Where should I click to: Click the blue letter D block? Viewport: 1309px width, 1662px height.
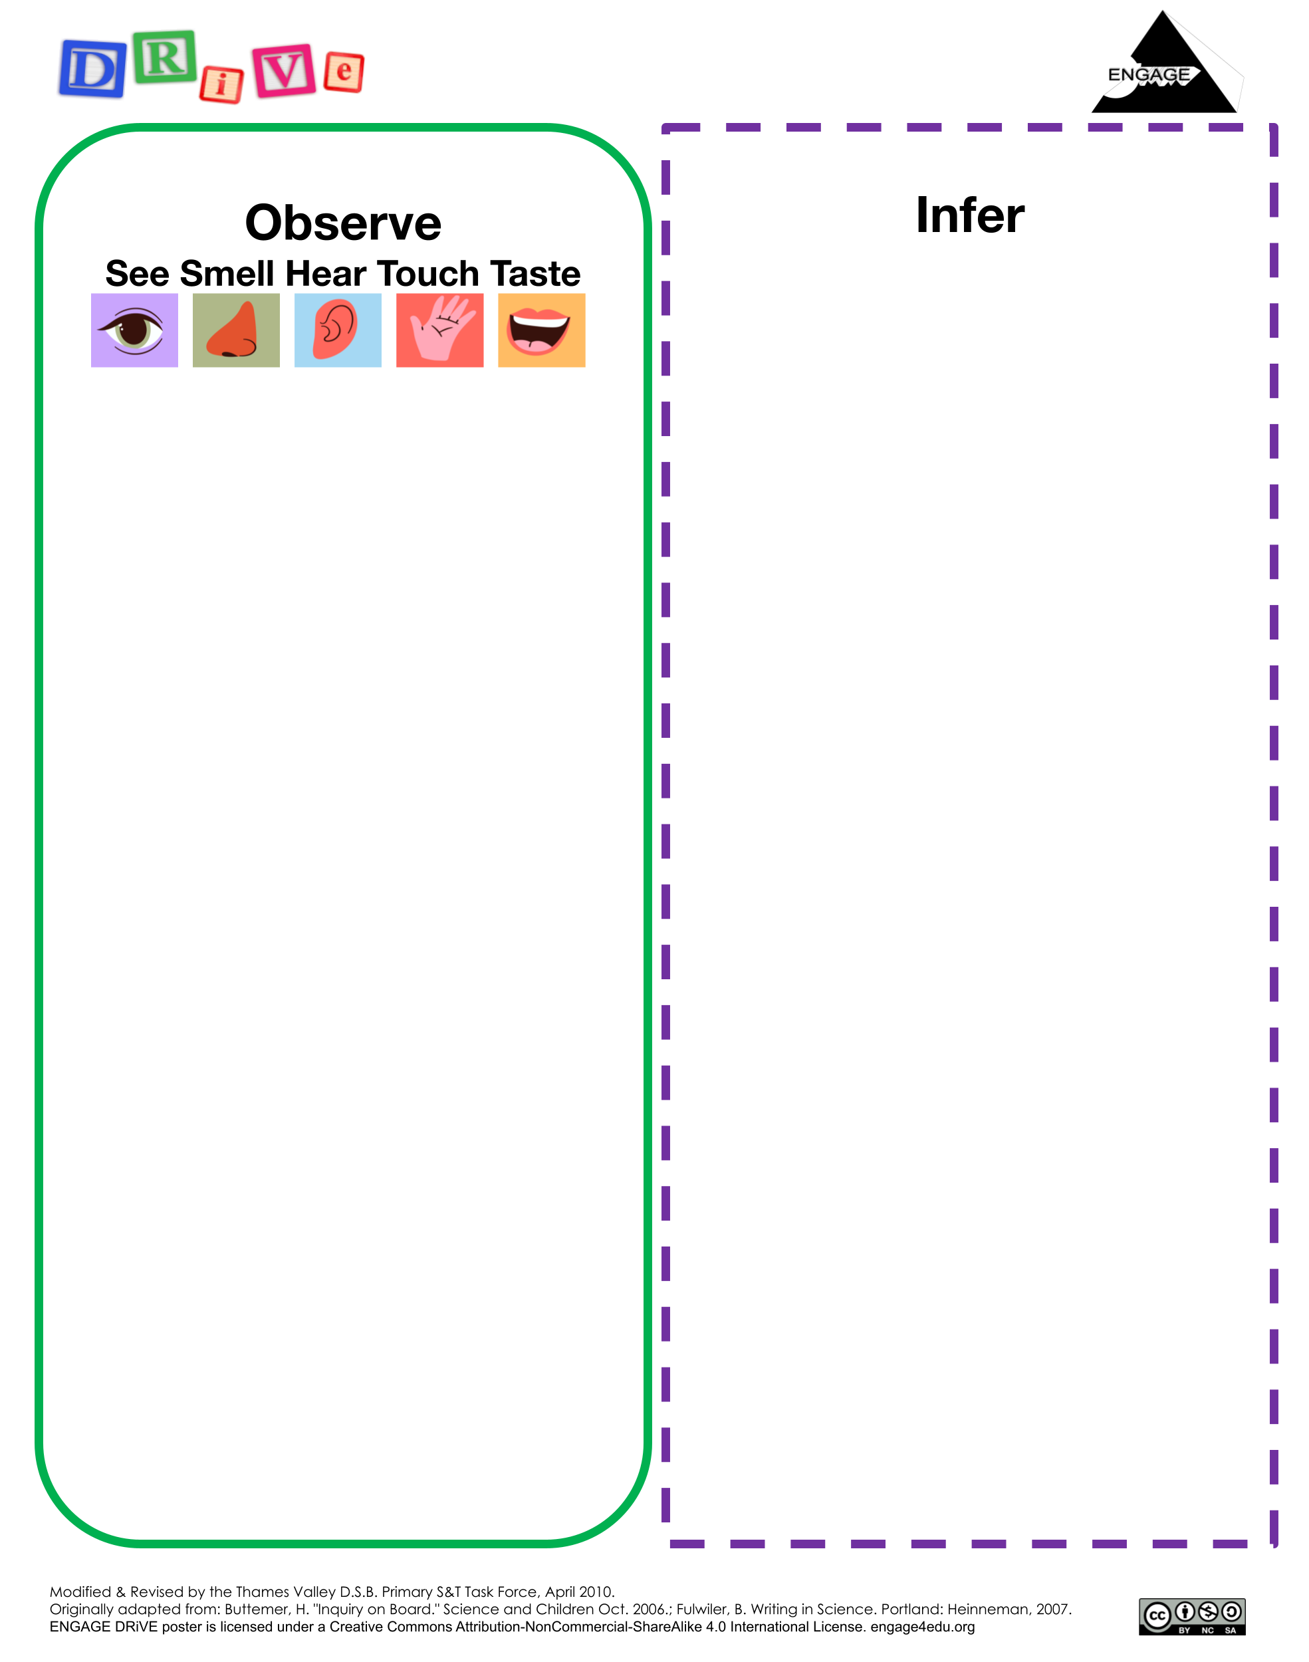[x=92, y=69]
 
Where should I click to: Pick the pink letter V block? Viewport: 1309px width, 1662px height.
[x=285, y=70]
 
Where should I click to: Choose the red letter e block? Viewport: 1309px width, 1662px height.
[x=344, y=72]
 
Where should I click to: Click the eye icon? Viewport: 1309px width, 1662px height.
[x=132, y=331]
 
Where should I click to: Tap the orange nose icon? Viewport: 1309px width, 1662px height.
[x=233, y=330]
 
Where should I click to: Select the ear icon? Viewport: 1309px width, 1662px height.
[x=336, y=330]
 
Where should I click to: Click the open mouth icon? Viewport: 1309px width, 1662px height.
[x=538, y=331]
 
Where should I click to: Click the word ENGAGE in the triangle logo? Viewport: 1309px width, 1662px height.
[x=1149, y=75]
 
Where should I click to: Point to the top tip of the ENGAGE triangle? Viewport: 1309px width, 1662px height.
[x=1163, y=11]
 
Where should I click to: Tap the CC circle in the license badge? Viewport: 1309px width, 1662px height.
[x=1157, y=1616]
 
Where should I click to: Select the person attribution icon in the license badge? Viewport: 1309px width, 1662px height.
[x=1185, y=1611]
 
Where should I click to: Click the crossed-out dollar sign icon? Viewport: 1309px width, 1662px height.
[x=1209, y=1611]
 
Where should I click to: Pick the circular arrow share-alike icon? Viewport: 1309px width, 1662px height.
[x=1232, y=1611]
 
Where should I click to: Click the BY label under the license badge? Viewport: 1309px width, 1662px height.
[x=1184, y=1631]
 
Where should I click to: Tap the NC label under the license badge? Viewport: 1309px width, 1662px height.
[x=1208, y=1631]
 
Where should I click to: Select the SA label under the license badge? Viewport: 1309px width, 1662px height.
[x=1231, y=1631]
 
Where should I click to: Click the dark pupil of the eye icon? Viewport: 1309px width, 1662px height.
[x=134, y=330]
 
